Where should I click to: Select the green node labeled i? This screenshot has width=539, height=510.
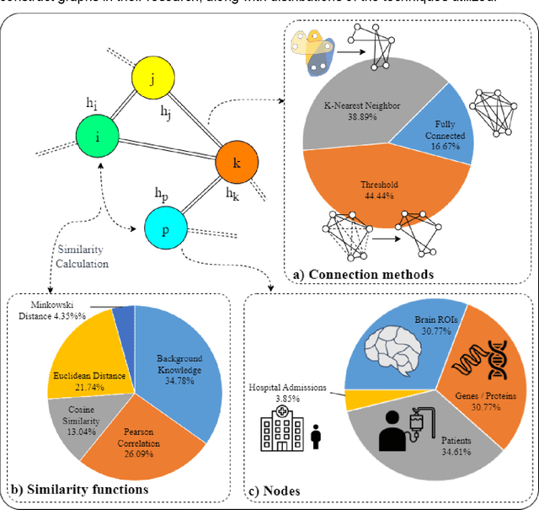click(99, 135)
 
